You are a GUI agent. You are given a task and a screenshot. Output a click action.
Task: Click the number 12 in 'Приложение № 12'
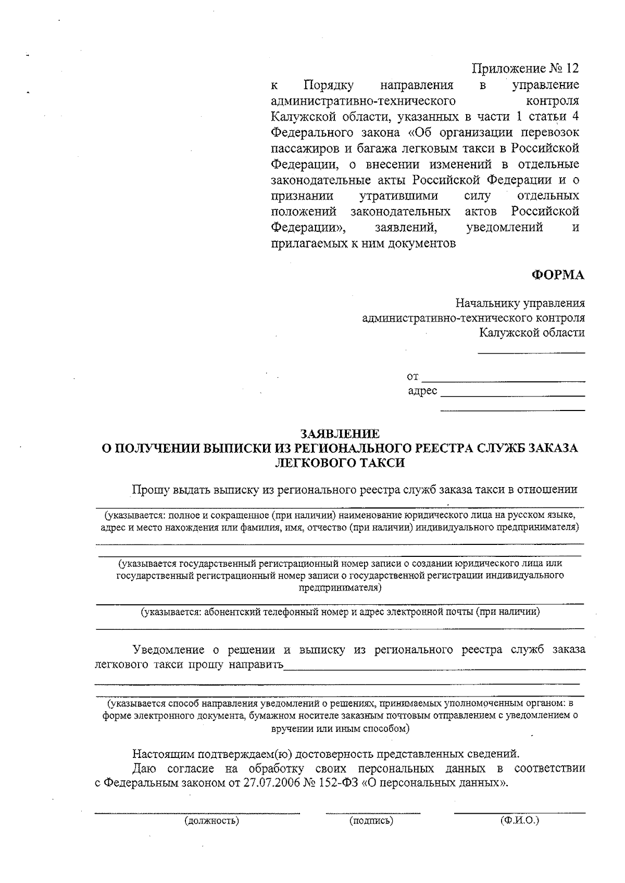point(571,69)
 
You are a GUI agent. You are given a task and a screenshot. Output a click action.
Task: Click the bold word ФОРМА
point(557,276)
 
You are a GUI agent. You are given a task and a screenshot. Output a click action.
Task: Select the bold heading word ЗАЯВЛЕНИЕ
point(340,433)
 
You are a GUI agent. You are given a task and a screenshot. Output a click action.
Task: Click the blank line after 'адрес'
point(512,396)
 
